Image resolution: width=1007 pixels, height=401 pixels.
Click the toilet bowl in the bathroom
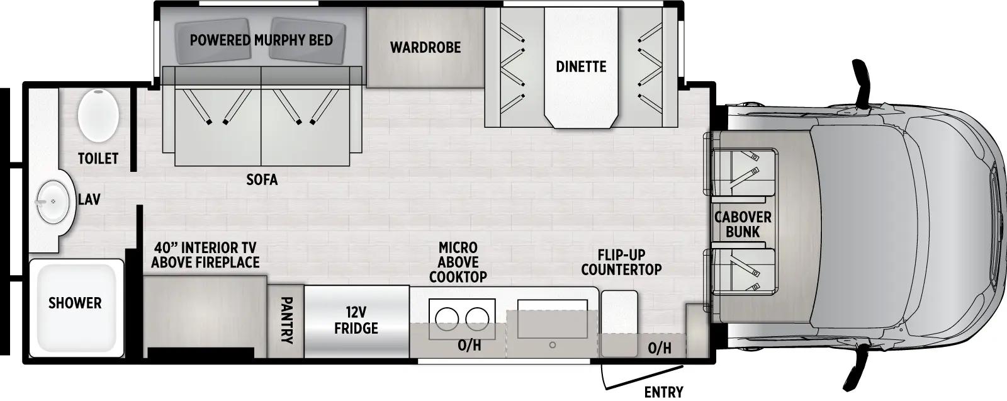point(98,115)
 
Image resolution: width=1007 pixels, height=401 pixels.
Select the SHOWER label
point(75,303)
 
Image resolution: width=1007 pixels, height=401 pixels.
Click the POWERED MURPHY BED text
point(261,40)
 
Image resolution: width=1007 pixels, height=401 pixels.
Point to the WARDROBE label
point(425,47)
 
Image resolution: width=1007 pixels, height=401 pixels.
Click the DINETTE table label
point(581,66)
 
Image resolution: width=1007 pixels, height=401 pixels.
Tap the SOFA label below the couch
point(262,180)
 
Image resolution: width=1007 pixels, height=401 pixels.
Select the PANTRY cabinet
point(286,321)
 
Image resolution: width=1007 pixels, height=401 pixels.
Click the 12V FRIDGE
point(356,320)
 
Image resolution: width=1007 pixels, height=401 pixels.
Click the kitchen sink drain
point(552,345)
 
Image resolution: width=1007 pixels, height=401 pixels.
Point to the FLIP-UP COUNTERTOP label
point(621,262)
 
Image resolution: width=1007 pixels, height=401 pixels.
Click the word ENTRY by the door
point(663,392)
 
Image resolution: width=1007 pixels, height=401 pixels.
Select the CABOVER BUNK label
point(743,224)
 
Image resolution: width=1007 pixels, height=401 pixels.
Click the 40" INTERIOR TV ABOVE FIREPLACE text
point(205,255)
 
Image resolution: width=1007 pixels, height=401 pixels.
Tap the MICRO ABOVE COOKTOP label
point(458,262)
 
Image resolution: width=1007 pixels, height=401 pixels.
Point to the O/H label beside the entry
point(659,347)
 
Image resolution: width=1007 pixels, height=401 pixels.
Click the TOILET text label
point(98,158)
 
